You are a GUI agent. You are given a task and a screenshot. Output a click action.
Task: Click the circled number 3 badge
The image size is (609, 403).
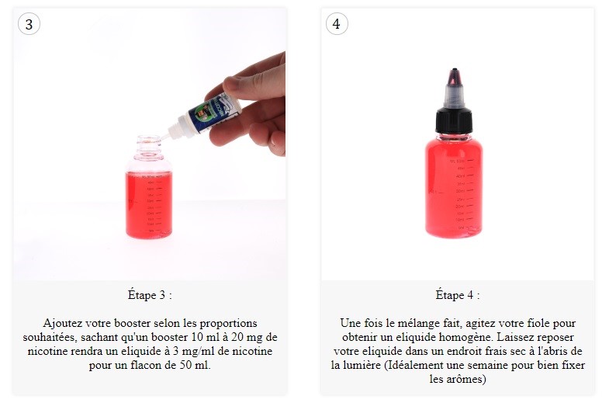29,24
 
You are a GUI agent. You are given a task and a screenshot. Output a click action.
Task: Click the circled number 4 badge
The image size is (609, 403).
337,24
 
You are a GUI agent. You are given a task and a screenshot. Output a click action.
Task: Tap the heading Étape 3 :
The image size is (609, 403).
150,295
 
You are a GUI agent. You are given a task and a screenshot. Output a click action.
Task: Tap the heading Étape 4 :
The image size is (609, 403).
458,295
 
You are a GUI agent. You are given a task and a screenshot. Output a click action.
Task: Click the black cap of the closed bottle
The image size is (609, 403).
454,120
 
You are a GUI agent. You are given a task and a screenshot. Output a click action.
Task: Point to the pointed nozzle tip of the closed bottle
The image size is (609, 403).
455,71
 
